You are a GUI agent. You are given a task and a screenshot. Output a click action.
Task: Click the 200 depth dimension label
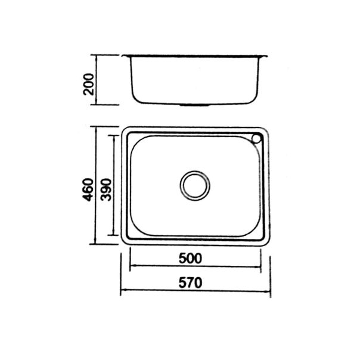click(89, 84)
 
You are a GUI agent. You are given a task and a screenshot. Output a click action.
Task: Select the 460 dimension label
click(89, 190)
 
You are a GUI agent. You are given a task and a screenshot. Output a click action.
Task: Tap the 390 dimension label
click(106, 190)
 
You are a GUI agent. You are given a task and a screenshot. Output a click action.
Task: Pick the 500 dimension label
click(190, 258)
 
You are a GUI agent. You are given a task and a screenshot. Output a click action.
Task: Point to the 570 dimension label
click(191, 283)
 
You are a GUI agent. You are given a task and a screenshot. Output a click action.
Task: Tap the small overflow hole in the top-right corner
click(256, 139)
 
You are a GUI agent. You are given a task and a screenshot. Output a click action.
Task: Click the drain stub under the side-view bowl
click(195, 105)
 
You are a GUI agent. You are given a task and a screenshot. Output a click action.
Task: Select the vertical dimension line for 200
click(96, 80)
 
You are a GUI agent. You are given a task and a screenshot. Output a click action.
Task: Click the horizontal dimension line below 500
click(195, 266)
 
